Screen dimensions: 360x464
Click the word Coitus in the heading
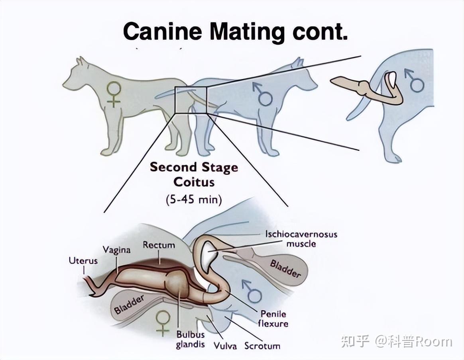(x=194, y=182)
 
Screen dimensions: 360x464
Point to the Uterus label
(x=83, y=261)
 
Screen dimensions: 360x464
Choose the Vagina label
(x=116, y=250)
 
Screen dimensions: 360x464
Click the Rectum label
(x=159, y=245)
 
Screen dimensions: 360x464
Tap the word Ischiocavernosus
(x=301, y=234)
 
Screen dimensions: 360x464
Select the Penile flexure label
(x=273, y=318)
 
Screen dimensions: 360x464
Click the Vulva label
(x=225, y=346)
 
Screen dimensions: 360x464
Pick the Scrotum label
(x=262, y=346)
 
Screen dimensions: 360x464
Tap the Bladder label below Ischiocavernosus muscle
(x=285, y=268)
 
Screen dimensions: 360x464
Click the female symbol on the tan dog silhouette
(x=114, y=94)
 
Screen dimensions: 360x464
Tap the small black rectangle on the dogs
(x=191, y=100)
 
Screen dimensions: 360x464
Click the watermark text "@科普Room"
(x=413, y=342)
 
